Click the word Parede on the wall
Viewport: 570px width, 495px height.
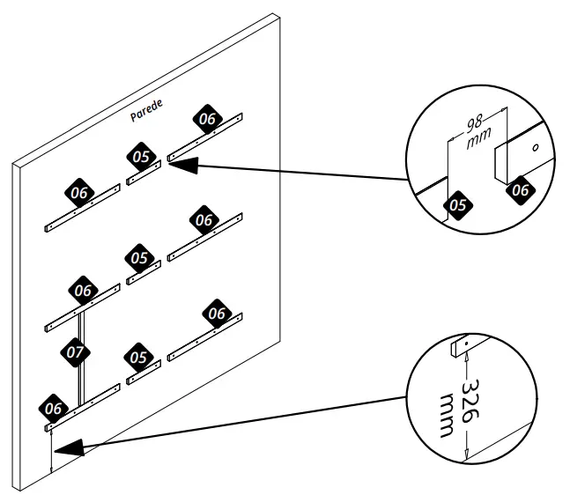tap(144, 114)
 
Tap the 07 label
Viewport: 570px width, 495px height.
tap(76, 351)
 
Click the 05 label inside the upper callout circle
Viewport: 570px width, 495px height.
tap(458, 205)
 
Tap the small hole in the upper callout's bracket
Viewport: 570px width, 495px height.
tap(533, 149)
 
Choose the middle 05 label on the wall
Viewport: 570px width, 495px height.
tap(139, 257)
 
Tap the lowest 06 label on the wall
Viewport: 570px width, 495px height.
tap(54, 408)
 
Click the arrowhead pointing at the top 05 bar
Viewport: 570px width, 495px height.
tap(173, 163)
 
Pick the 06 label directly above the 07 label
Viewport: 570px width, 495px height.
tap(84, 289)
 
